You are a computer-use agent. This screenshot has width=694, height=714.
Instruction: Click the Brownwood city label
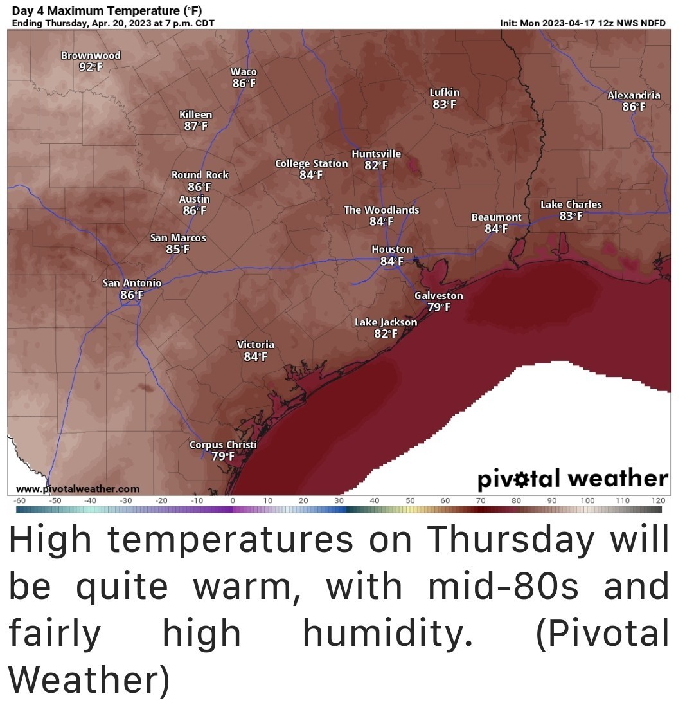pos(91,55)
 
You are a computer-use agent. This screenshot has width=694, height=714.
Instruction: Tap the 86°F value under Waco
pos(244,84)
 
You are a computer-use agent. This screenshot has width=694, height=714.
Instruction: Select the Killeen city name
pos(195,114)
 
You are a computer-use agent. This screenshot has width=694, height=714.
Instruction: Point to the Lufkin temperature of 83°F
pos(444,104)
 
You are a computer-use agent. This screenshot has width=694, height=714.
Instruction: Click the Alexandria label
pos(634,95)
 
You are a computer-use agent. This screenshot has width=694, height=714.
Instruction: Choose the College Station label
pos(311,163)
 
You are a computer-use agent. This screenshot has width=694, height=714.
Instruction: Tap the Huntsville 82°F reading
pos(376,165)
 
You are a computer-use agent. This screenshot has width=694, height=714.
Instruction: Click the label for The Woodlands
pos(381,210)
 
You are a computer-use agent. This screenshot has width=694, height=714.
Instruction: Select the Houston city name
pos(392,249)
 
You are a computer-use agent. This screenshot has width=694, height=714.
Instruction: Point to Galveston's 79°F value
pos(438,307)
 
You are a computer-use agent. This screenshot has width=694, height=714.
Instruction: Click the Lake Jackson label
pos(386,322)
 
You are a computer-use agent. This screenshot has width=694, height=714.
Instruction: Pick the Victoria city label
pos(255,345)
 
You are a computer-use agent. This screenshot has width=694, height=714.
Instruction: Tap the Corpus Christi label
pos(223,444)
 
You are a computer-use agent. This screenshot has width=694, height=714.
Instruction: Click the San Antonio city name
pos(132,283)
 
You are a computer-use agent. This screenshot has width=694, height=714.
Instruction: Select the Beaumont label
pos(496,217)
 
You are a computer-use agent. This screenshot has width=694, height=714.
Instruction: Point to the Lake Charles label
pos(571,205)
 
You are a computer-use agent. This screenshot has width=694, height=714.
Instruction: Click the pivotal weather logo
pos(572,479)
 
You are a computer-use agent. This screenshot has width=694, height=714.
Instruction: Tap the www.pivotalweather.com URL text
pos(77,489)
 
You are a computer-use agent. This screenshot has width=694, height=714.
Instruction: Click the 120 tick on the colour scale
pos(657,500)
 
